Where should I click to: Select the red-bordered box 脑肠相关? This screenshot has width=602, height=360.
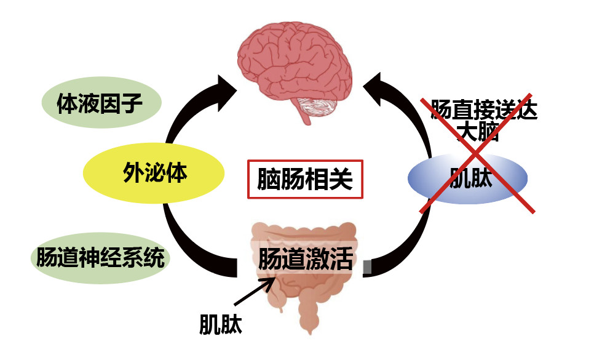(x=306, y=179)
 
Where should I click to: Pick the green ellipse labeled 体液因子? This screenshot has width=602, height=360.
(x=100, y=103)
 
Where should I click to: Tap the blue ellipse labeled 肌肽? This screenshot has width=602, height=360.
(x=468, y=178)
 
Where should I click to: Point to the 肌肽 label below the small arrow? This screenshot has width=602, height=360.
(x=221, y=324)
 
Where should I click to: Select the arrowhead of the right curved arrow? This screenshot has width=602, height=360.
(x=376, y=83)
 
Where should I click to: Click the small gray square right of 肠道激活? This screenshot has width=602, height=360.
(x=368, y=266)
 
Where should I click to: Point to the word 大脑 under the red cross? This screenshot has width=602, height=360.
(x=477, y=132)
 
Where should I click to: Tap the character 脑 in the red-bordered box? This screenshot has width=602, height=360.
(x=269, y=179)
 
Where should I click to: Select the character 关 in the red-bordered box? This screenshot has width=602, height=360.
(x=341, y=179)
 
